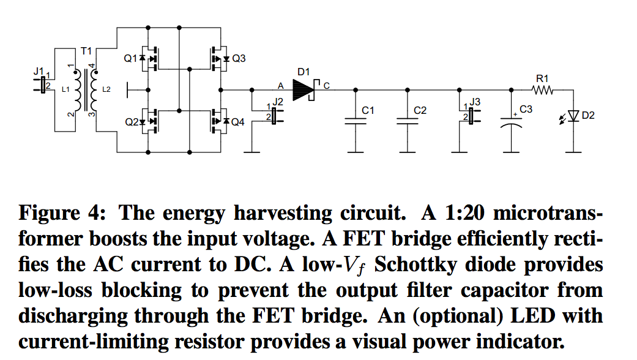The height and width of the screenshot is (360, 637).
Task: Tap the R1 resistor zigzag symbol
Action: coord(542,90)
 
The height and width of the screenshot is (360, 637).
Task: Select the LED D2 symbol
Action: coord(571,116)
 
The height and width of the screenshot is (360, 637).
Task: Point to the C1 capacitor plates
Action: coord(356,121)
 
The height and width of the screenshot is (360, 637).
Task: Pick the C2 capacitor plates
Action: coord(408,121)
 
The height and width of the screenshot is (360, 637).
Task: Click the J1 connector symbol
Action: coord(42,85)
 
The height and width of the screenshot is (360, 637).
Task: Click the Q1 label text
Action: coord(130,59)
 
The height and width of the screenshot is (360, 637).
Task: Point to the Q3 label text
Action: coord(239,59)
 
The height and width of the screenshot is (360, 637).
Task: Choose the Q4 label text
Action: coord(237,122)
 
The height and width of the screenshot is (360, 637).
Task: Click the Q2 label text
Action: coord(132,122)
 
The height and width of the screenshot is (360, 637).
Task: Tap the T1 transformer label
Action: coord(86,51)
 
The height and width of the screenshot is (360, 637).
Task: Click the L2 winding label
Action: coord(106,89)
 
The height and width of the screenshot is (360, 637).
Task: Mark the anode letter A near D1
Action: coord(280,86)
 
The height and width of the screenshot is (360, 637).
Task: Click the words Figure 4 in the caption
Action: coord(62,212)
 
